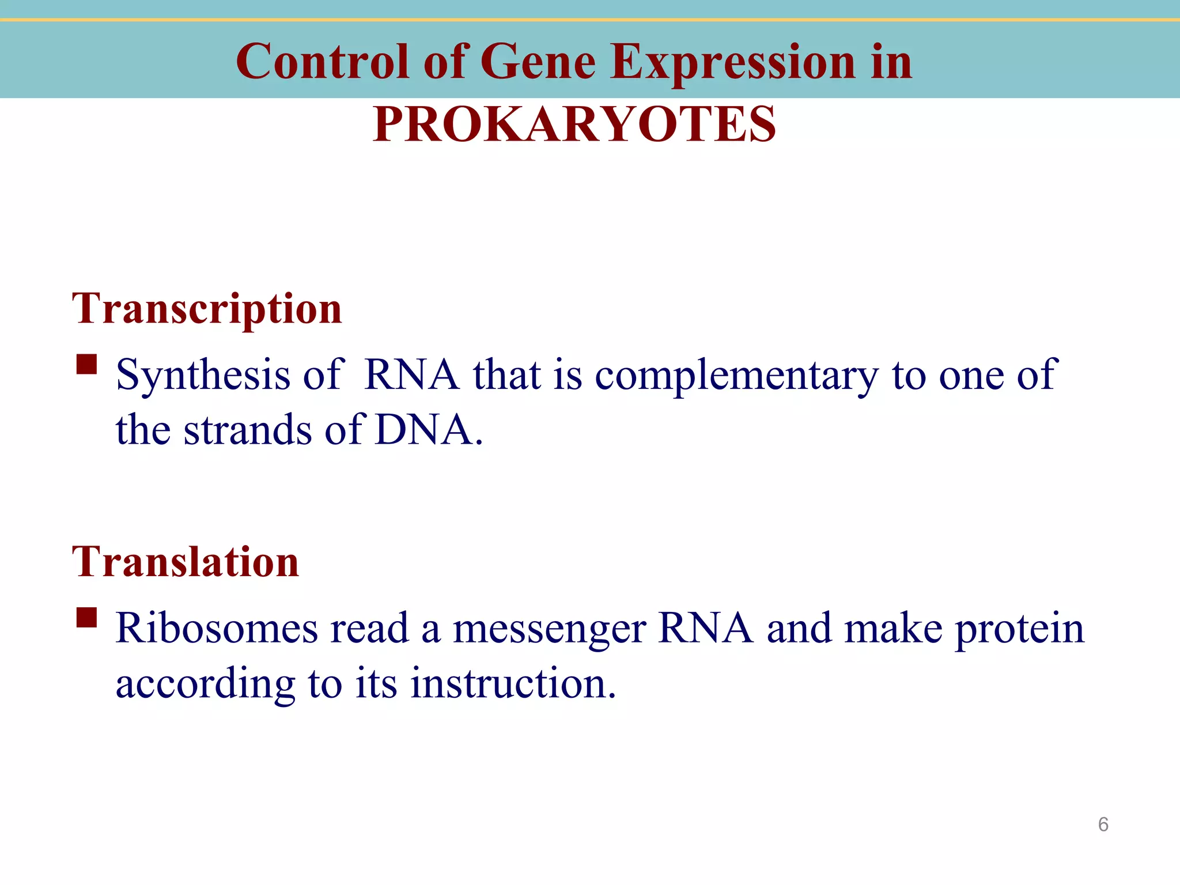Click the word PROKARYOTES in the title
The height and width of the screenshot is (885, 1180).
click(574, 124)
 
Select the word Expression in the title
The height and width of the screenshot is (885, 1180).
click(733, 62)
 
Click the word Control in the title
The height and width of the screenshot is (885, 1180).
click(323, 62)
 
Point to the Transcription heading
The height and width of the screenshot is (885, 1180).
click(207, 309)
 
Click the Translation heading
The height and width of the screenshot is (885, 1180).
click(186, 562)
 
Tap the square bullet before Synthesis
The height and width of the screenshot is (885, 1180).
click(86, 365)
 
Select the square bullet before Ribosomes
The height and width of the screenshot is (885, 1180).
click(86, 618)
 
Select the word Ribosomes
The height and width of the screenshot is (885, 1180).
click(217, 628)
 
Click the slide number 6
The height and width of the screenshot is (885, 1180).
click(1103, 825)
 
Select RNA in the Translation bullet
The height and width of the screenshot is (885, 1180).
click(705, 628)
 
